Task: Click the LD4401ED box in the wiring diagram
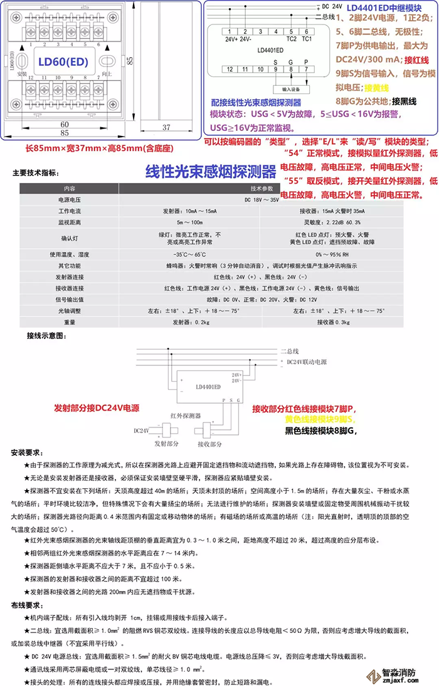click(x=208, y=387)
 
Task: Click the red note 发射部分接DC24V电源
click(x=97, y=407)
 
